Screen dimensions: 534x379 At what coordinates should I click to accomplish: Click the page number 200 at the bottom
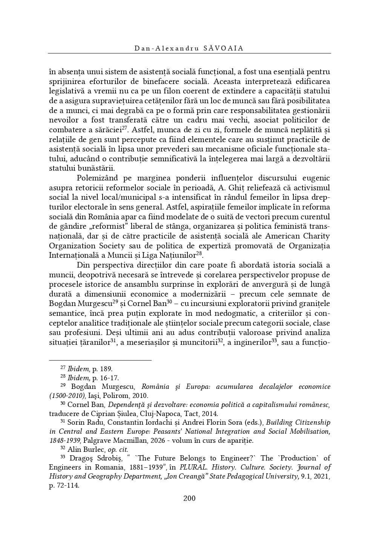coord(189,498)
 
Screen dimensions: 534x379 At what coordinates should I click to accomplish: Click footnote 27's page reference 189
coord(107,369)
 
